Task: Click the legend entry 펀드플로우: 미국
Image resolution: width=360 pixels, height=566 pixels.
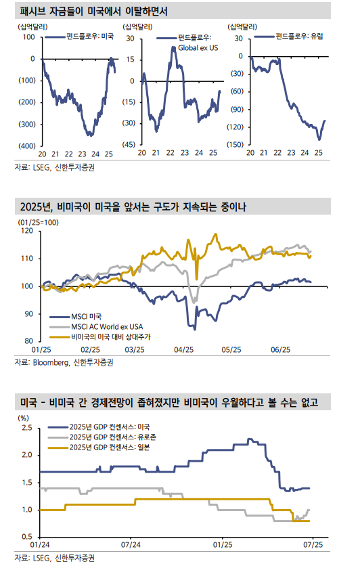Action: click(x=90, y=37)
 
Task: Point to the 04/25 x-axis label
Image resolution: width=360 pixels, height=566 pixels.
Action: click(x=183, y=349)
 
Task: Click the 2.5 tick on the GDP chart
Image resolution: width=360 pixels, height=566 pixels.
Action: click(x=26, y=429)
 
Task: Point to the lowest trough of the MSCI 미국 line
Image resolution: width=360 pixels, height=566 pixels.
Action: click(x=195, y=330)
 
